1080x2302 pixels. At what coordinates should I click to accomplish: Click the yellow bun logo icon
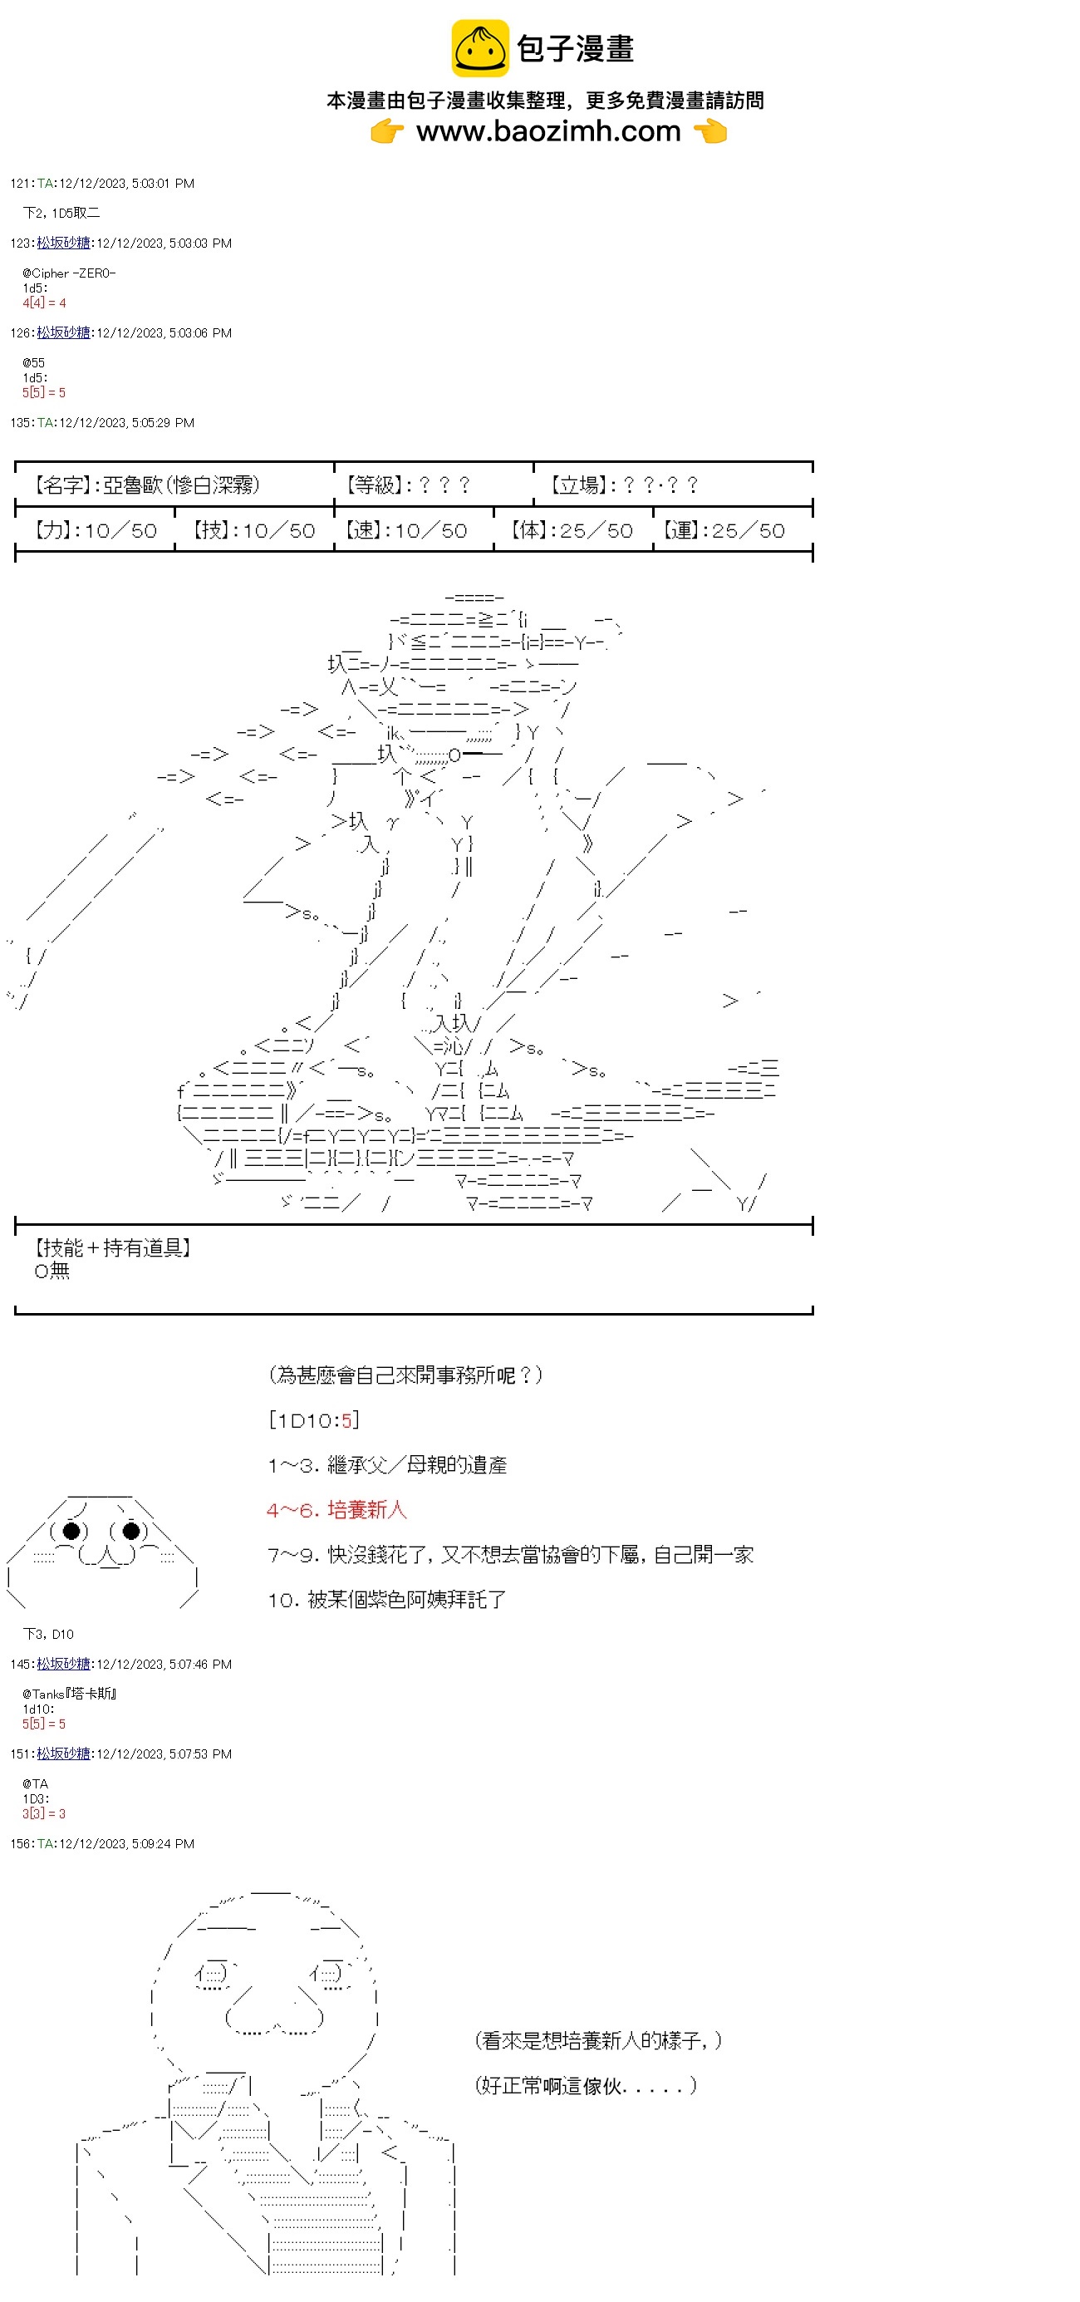pos(479,48)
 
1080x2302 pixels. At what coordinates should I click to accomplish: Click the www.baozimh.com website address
pos(547,131)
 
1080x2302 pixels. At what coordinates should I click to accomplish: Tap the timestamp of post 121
pos(126,183)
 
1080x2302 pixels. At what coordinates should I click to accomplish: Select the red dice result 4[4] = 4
pos(44,303)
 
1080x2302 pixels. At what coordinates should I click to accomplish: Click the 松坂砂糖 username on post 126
pos(63,332)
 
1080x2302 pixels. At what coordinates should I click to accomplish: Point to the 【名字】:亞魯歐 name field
pos(146,485)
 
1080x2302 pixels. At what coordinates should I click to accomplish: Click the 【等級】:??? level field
pos(407,485)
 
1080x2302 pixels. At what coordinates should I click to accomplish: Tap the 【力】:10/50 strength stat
pos(96,530)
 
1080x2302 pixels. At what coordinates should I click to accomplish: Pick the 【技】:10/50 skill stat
pos(253,530)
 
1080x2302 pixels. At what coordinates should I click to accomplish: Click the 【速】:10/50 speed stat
pos(406,530)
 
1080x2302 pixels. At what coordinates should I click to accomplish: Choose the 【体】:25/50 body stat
pos(572,530)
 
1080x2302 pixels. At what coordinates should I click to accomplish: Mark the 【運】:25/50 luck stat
pos(724,530)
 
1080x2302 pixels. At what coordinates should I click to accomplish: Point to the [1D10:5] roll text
pos(313,1420)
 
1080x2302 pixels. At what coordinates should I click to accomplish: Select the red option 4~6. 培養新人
pos(336,1509)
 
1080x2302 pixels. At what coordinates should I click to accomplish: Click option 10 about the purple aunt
pos(387,1599)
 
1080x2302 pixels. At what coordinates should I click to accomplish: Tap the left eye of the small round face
pos(71,1531)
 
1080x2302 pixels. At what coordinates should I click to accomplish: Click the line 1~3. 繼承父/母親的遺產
pos(387,1464)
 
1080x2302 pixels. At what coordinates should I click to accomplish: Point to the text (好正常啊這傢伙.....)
pos(585,2085)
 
